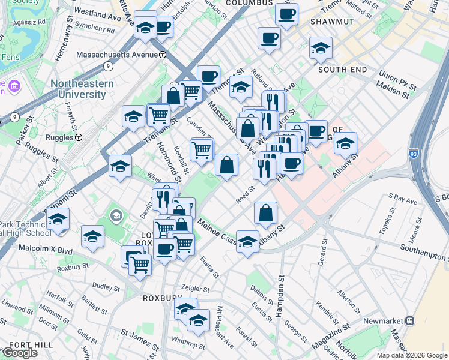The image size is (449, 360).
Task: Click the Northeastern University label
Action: click(82, 89)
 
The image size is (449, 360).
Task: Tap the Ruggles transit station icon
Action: click(79, 137)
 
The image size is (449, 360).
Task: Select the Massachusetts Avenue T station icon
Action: click(163, 55)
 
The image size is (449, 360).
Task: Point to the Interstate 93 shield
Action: click(414, 154)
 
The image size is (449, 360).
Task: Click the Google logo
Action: click(19, 353)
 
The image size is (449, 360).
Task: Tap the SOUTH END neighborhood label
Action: click(342, 70)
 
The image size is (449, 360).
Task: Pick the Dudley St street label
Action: click(107, 287)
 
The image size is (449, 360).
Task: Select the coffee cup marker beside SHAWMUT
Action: click(286, 13)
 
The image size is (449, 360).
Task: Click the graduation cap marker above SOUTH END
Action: click(321, 48)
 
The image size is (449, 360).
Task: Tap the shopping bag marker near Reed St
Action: click(265, 212)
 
